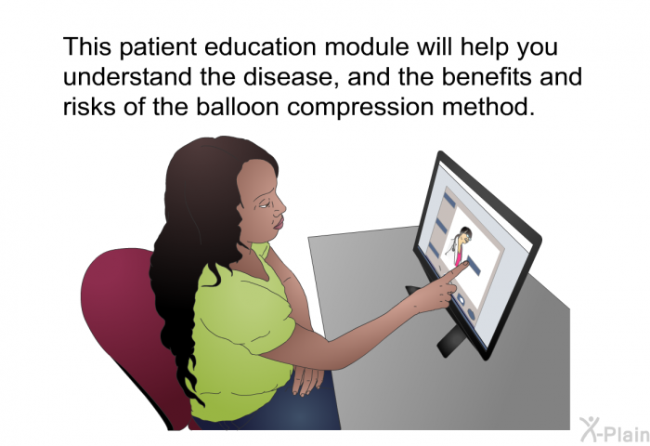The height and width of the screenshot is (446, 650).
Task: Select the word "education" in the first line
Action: point(260,46)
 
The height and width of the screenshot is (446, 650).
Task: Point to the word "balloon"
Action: point(237,107)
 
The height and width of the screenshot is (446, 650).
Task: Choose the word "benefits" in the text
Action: point(487,77)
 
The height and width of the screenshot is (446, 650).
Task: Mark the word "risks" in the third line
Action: point(89,107)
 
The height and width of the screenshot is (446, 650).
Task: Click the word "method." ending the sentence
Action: point(487,107)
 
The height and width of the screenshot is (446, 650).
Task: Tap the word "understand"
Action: point(128,77)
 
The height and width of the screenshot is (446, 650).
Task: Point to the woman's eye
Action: point(264,204)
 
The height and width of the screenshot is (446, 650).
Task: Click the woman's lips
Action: point(279,224)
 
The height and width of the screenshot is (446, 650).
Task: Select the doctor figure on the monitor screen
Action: point(459,245)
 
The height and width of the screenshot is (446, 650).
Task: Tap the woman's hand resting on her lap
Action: point(306,378)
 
